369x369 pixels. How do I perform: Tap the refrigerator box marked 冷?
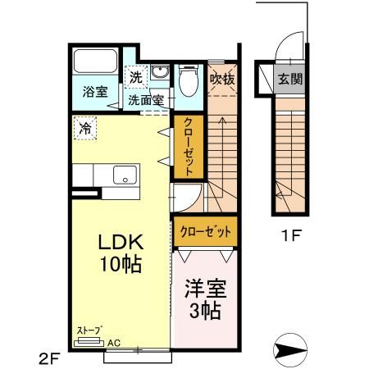tap(84, 127)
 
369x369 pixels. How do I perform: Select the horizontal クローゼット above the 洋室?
tap(206, 232)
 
